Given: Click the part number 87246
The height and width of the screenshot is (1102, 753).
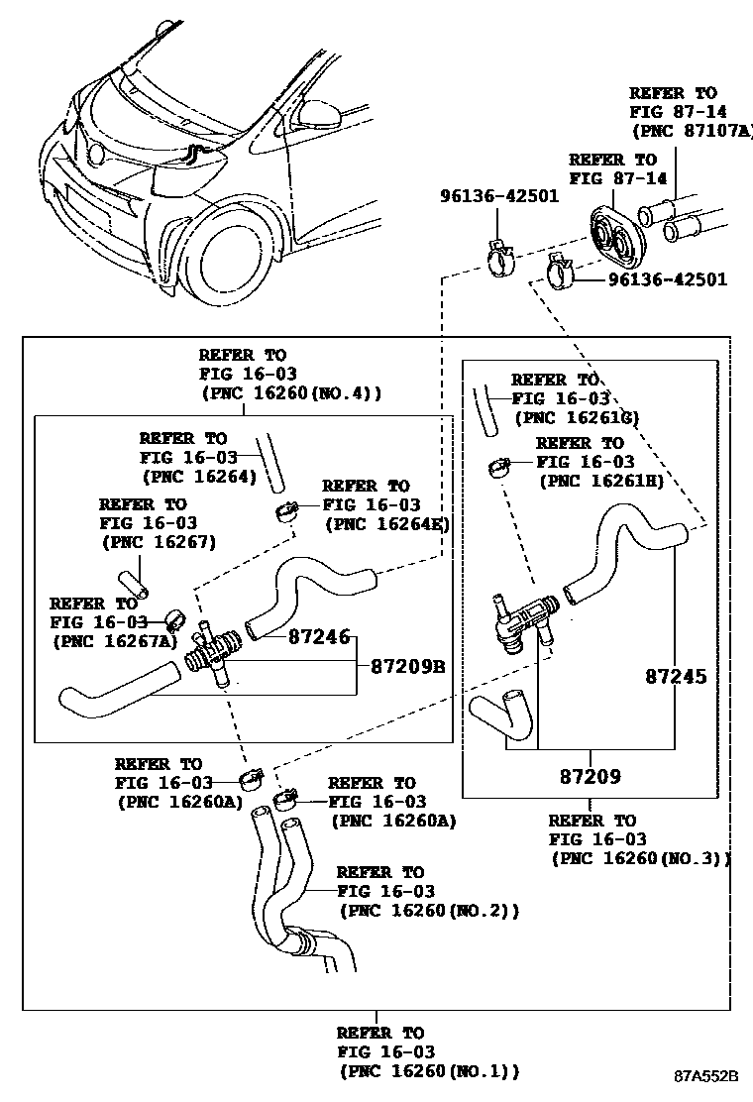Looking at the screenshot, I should click(319, 637).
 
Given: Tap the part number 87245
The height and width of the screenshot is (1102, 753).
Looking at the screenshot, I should click(676, 677).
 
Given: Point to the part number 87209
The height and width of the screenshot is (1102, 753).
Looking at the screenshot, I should click(589, 777).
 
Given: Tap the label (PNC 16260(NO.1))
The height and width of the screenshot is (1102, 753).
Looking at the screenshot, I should click(429, 1071).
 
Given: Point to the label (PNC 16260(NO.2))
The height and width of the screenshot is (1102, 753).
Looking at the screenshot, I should click(429, 911).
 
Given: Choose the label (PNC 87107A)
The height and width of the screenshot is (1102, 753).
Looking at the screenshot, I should click(692, 130).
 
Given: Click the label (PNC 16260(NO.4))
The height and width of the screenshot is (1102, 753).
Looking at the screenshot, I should click(291, 392).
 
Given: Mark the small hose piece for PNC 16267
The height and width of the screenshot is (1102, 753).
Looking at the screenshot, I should click(133, 583).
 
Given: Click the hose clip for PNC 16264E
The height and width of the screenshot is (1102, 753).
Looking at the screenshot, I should click(284, 512).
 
